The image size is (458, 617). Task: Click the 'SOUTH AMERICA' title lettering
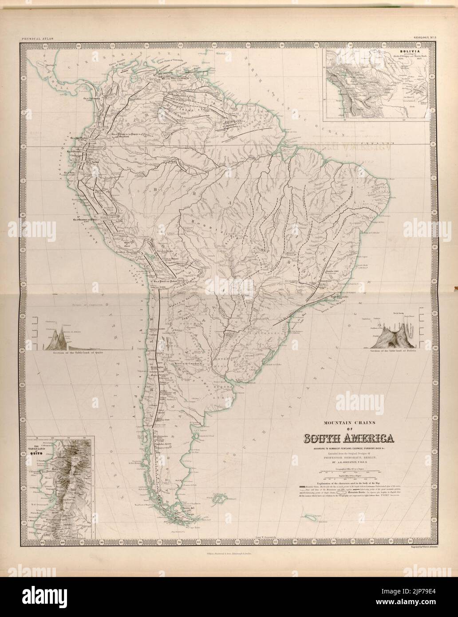point(348,439)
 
